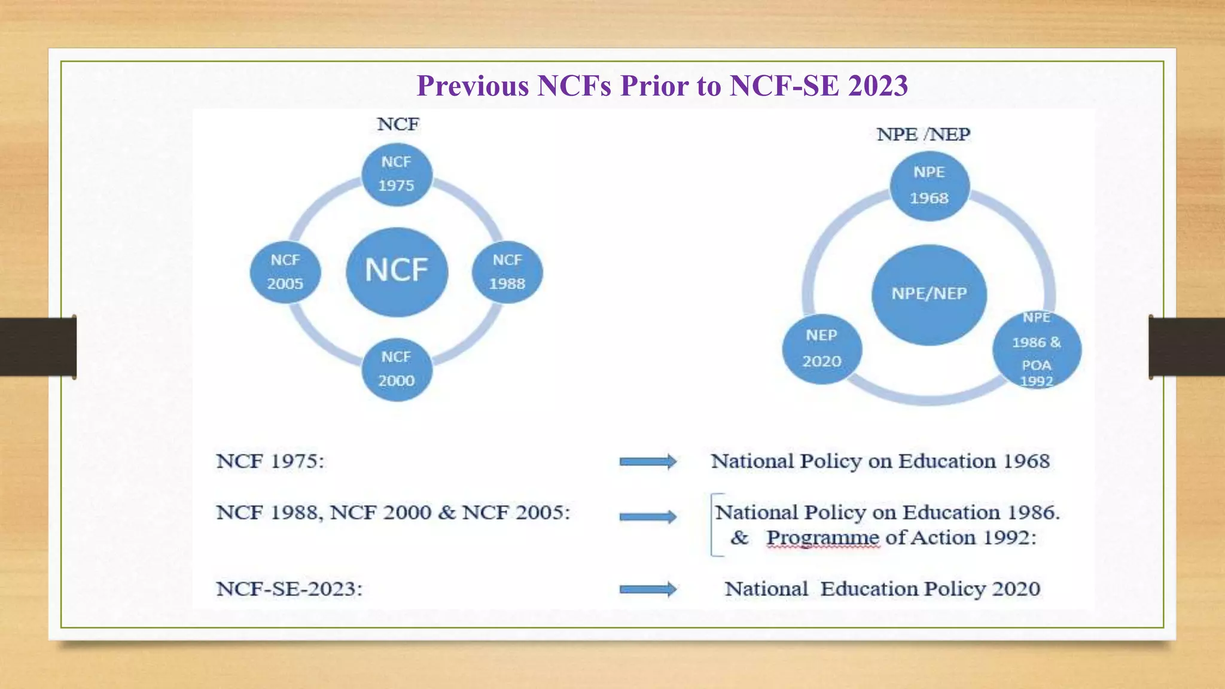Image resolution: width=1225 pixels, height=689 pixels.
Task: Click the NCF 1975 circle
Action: click(397, 174)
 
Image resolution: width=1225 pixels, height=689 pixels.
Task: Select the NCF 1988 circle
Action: click(507, 272)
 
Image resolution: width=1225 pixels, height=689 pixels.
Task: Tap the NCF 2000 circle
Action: click(397, 369)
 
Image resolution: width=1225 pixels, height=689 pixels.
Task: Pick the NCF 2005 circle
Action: click(285, 272)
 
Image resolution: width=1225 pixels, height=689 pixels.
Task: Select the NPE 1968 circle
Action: click(929, 185)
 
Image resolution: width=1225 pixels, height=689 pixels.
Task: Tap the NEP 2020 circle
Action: click(822, 349)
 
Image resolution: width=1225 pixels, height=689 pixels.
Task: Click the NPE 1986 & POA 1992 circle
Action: click(1037, 350)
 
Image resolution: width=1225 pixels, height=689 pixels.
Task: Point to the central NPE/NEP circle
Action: click(929, 294)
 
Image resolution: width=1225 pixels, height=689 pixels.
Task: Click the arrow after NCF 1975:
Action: click(648, 461)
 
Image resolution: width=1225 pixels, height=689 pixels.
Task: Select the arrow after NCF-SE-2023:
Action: click(648, 589)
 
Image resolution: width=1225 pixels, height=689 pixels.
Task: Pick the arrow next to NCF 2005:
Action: click(648, 516)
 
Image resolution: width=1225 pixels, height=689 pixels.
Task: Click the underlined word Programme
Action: click(822, 538)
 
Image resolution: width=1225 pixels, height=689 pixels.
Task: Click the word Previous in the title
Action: click(473, 86)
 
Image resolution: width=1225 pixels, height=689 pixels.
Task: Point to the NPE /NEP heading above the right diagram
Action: click(923, 135)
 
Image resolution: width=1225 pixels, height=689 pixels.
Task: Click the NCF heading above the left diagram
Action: click(398, 124)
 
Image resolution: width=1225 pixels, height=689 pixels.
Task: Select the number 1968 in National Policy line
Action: click(1026, 461)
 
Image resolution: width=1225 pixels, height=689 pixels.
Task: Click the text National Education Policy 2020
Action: click(882, 589)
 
